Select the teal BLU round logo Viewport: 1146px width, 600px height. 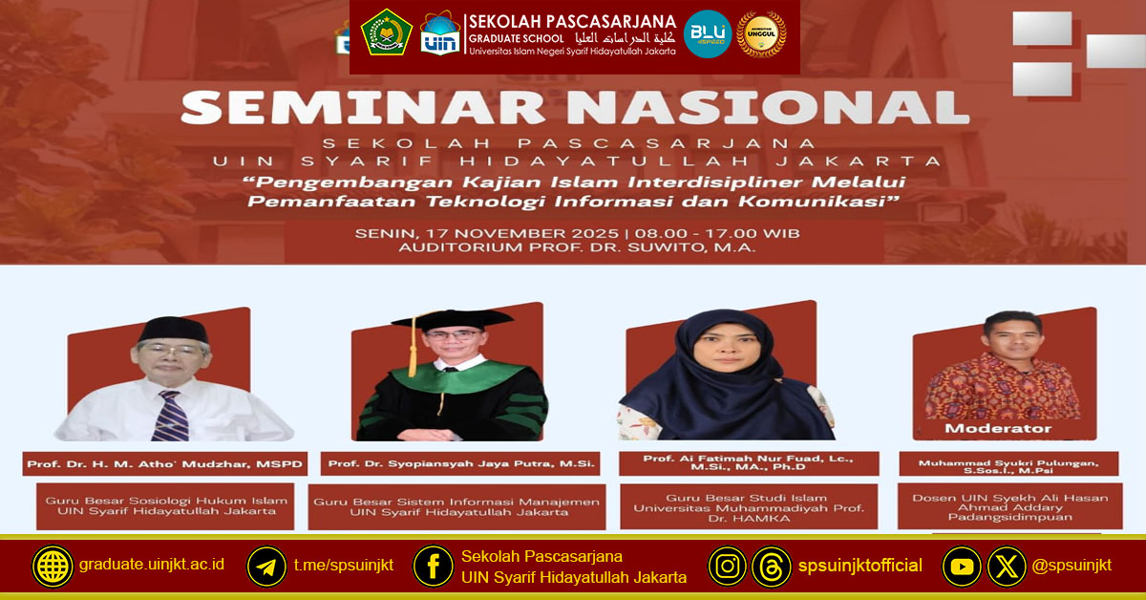click(708, 34)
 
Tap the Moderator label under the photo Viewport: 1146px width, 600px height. click(997, 429)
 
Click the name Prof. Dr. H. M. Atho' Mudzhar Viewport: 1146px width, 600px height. click(165, 465)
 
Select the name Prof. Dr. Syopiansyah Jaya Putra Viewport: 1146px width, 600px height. click(461, 465)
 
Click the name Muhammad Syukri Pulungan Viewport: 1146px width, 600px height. click(1008, 464)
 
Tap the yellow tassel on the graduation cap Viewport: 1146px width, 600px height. click(413, 354)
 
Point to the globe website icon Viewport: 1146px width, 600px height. click(52, 567)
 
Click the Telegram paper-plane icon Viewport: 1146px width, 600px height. click(266, 567)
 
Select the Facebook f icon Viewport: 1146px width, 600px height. click(433, 567)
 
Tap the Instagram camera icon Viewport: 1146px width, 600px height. click(728, 567)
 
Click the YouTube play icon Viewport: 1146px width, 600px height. click(962, 567)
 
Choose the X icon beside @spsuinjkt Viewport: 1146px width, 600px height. click(1006, 567)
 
